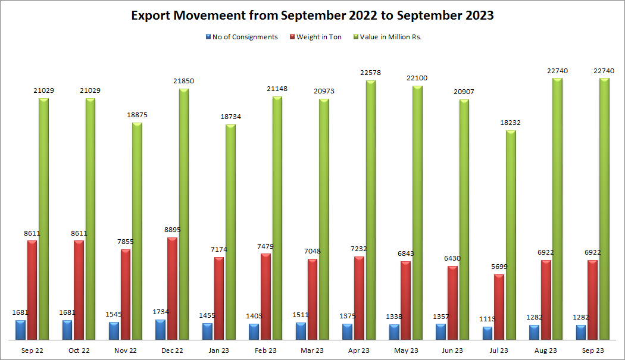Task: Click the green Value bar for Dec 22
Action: [x=184, y=214]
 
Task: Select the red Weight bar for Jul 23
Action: [x=499, y=307]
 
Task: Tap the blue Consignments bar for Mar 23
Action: [x=301, y=331]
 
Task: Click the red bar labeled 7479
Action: [x=265, y=296]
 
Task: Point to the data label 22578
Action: [x=370, y=73]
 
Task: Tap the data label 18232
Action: [x=510, y=123]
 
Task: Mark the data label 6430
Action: [x=452, y=258]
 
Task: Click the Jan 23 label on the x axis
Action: [x=219, y=350]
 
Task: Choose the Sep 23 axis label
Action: [x=592, y=350]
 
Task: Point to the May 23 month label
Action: [x=405, y=350]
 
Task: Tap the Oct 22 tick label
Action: [x=79, y=350]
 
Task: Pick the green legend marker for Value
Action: [x=357, y=37]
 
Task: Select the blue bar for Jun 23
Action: [x=440, y=332]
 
